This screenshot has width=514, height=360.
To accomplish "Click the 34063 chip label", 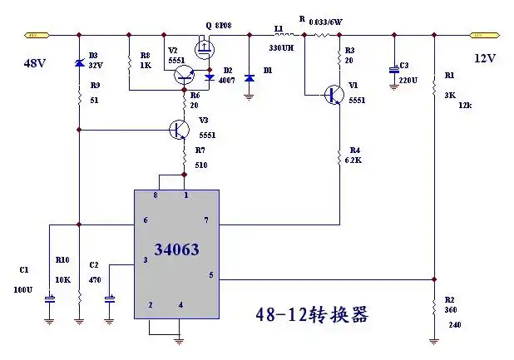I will click(176, 249).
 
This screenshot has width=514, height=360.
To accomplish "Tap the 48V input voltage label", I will click(35, 62).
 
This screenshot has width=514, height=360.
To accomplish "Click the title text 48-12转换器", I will click(312, 316).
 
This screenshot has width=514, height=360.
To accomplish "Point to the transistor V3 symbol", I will click(177, 129).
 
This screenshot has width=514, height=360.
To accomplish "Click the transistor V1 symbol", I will click(334, 95).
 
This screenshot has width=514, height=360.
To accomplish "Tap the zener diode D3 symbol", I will click(79, 63).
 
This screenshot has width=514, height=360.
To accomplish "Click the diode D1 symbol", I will click(249, 72).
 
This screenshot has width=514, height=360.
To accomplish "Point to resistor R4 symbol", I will click(339, 155).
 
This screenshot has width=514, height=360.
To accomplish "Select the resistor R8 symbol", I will click(129, 63).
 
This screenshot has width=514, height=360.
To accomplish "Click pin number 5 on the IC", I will click(210, 274).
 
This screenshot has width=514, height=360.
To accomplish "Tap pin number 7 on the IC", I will click(205, 219).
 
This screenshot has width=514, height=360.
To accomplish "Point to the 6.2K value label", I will click(353, 160).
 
